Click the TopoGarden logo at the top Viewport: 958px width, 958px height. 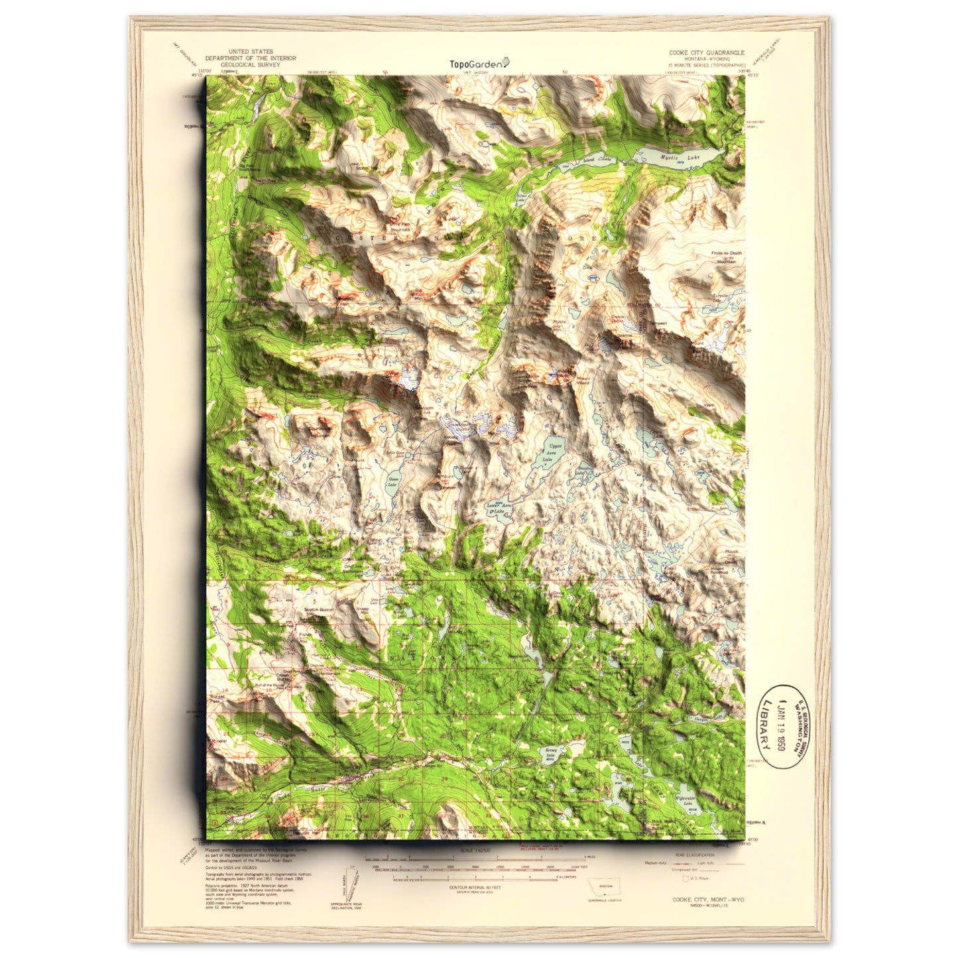tap(479, 63)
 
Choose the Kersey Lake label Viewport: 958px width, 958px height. tap(549, 753)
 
